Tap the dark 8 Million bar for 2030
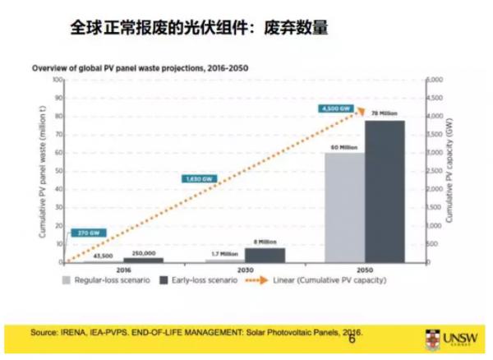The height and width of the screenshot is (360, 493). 264,255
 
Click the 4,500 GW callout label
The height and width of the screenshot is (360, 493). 335,109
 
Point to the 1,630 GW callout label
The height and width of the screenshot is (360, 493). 197,178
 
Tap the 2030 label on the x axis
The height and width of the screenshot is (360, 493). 244,270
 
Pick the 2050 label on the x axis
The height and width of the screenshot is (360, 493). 366,270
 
